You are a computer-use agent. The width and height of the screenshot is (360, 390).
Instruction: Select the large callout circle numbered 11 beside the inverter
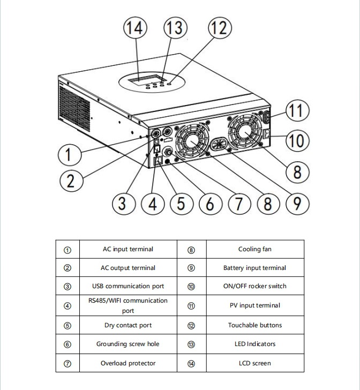pyautogui.click(x=296, y=112)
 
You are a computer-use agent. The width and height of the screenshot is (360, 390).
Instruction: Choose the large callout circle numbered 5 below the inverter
pyautogui.click(x=181, y=204)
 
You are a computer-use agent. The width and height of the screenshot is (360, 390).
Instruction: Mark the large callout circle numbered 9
pyautogui.click(x=296, y=204)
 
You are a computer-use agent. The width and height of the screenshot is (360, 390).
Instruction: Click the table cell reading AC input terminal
pyautogui.click(x=128, y=249)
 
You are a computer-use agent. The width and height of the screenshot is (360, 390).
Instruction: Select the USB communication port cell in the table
pyautogui.click(x=128, y=286)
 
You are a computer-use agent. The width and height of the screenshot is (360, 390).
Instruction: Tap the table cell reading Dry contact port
pyautogui.click(x=128, y=325)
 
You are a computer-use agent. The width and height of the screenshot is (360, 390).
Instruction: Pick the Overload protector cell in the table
pyautogui.click(x=128, y=363)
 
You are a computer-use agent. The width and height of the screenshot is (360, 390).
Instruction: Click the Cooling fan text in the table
pyautogui.click(x=254, y=249)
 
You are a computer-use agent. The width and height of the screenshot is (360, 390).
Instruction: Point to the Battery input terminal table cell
pyautogui.click(x=254, y=268)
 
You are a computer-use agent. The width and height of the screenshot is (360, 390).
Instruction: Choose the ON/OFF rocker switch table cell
pyautogui.click(x=254, y=286)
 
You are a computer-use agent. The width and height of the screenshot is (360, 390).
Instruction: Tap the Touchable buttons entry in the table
pyautogui.click(x=254, y=325)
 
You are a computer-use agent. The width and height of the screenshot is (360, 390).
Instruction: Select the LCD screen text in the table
pyautogui.click(x=254, y=363)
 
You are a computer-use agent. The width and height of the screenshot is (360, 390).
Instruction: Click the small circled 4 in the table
pyautogui.click(x=67, y=306)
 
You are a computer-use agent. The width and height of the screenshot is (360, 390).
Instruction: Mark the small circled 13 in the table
pyautogui.click(x=191, y=344)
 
